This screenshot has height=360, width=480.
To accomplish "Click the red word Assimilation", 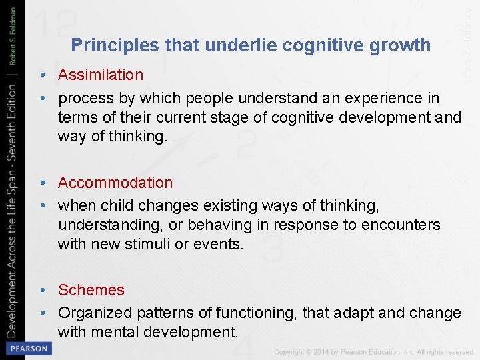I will [x=100, y=75].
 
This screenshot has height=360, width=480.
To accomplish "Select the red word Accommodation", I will [x=115, y=183].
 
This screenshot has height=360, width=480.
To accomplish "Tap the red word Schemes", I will [x=91, y=290].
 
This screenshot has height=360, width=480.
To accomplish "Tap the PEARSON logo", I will [x=27, y=348].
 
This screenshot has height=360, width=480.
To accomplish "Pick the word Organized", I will [x=95, y=313].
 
